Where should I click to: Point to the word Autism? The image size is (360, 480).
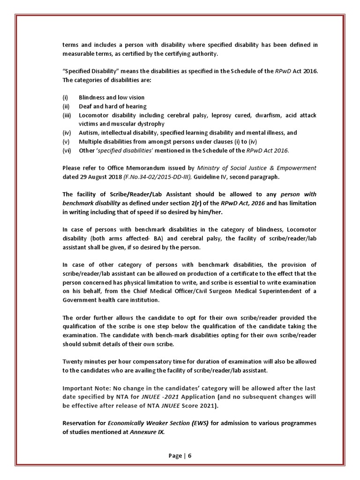point(88,133)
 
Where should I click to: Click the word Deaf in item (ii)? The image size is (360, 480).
point(85,106)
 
